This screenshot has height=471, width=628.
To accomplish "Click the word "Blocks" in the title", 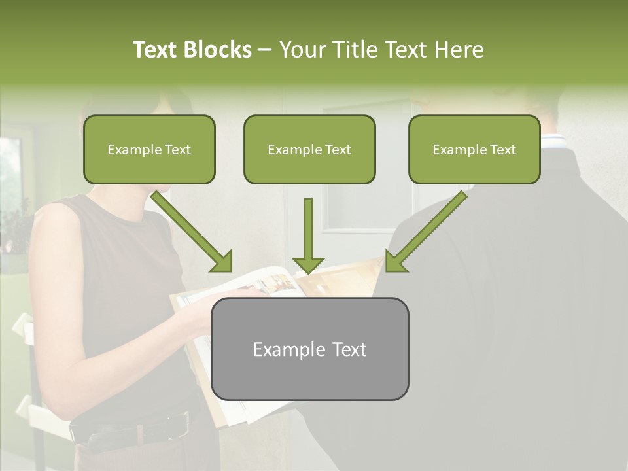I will (x=218, y=50).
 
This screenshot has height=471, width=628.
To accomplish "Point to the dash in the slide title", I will (x=265, y=50).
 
